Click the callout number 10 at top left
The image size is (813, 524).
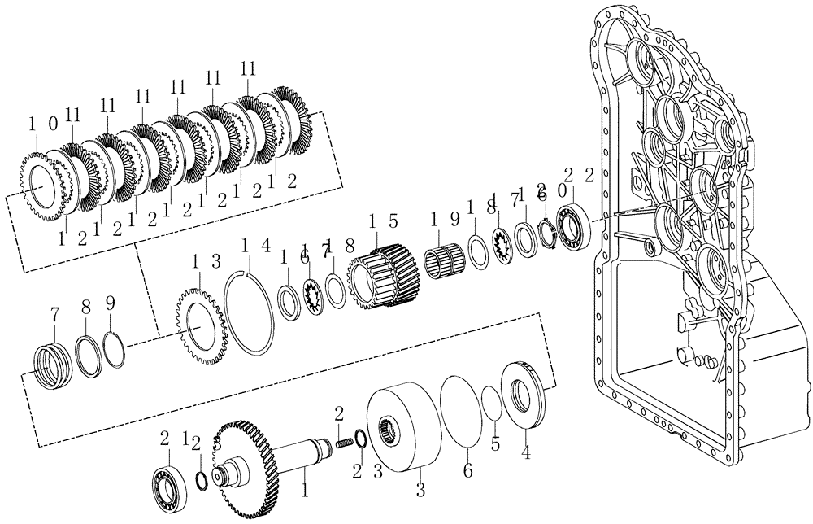[x=42, y=124]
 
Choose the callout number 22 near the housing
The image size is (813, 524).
[x=580, y=174]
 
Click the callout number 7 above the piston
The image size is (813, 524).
[x=54, y=313]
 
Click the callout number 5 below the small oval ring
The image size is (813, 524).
[x=494, y=444]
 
